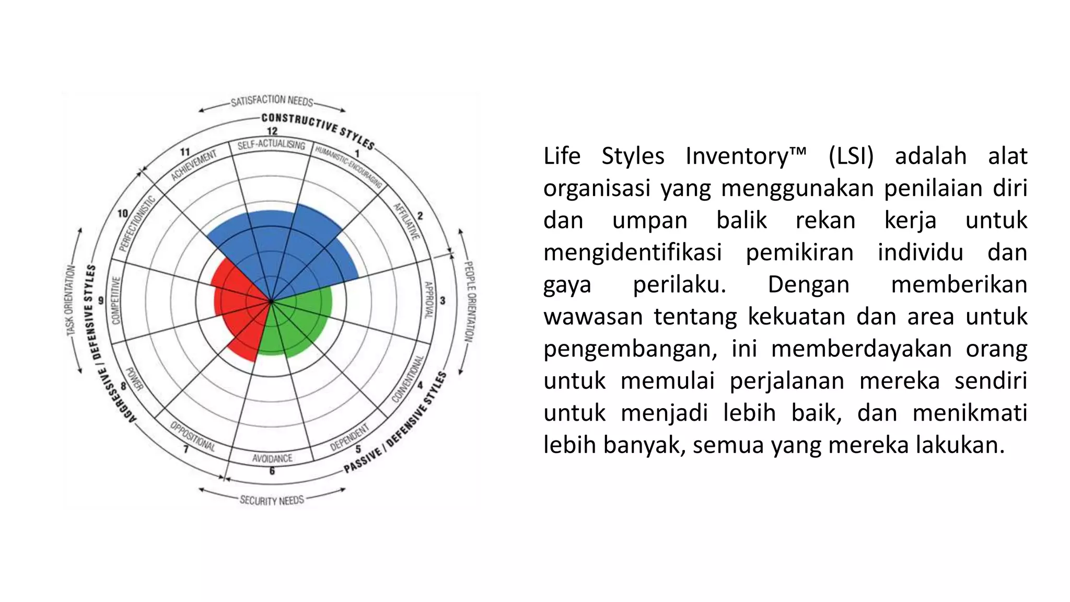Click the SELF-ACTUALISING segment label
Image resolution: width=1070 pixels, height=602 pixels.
271,145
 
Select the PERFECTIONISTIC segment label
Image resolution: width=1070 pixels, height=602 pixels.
137,223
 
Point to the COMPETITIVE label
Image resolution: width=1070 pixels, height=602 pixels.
116,300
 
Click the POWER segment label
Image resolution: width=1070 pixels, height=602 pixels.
134,379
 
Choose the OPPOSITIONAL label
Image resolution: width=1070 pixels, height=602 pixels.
192,436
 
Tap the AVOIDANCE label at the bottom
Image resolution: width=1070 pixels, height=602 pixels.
272,458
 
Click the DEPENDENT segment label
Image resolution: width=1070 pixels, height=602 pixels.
350,437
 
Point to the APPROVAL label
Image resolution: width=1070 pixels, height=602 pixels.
428,300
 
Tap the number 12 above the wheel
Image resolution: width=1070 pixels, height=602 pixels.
272,131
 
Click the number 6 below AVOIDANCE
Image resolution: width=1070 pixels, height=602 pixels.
272,471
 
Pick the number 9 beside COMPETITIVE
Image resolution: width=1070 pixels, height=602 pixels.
101,300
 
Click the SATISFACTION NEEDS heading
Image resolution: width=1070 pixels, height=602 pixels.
272,100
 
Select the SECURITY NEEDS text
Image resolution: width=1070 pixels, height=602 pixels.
272,500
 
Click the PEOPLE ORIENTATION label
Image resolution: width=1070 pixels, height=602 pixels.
470,302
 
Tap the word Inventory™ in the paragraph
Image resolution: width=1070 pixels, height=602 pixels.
746,156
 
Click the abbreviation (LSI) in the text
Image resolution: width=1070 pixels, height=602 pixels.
851,156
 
